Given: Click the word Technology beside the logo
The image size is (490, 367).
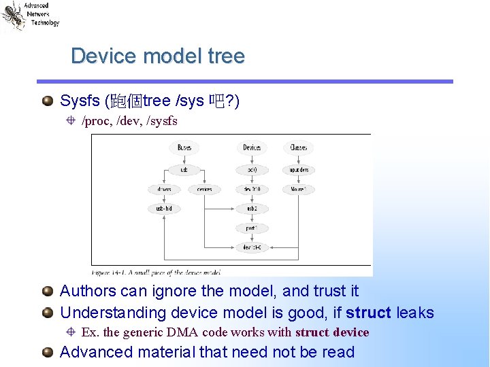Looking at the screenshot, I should tap(45, 22).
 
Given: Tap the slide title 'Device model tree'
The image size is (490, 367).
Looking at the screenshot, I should tap(157, 56).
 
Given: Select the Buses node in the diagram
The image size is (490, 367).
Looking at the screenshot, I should tap(184, 147).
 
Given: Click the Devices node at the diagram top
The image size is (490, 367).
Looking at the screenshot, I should tap(252, 147).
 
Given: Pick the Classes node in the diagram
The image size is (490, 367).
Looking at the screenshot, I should tap(298, 147).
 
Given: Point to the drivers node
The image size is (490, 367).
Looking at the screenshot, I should tap(164, 190).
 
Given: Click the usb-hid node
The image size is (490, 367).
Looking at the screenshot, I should tap(164, 209).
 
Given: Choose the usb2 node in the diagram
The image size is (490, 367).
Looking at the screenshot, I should tap(252, 209).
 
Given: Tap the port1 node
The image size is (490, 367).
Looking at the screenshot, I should tap(252, 228).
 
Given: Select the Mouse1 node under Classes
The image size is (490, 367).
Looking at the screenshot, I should tap(298, 190).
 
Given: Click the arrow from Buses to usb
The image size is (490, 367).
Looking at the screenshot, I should tap(184, 158).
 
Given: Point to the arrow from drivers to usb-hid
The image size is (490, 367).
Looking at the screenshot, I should tap(164, 199).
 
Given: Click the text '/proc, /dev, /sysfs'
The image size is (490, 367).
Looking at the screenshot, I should tap(129, 121).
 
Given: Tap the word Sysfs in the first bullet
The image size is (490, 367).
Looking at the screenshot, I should tap(80, 101).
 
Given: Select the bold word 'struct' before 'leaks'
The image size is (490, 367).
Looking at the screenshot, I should tap(368, 313).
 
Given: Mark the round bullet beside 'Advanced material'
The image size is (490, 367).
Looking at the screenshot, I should tap(47, 352).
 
